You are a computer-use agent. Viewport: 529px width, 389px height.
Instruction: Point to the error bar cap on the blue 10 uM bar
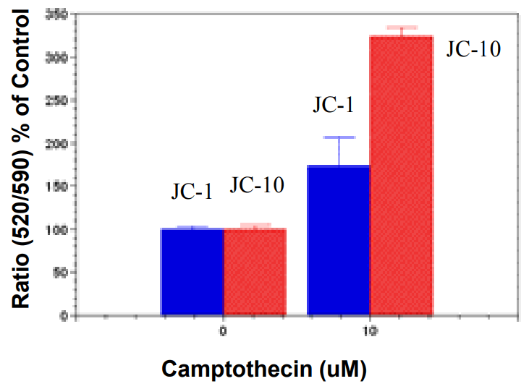339,137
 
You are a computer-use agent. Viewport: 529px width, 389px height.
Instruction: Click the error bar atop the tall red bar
402,28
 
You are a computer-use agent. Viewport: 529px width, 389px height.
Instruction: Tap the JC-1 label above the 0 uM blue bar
192,192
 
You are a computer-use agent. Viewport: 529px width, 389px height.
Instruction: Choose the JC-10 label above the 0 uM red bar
257,186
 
